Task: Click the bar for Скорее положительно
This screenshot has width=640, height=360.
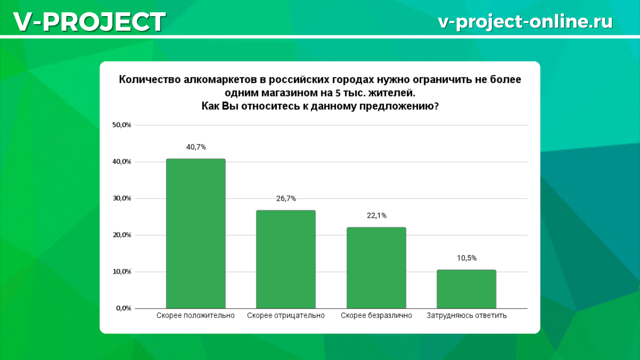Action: (196, 234)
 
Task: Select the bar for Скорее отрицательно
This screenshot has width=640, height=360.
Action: (286, 259)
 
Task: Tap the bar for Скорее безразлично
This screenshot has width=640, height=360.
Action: (376, 268)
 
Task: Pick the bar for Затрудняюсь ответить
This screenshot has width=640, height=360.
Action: (466, 289)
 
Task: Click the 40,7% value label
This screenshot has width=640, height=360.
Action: (196, 147)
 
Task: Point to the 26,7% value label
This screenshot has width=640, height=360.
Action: (286, 198)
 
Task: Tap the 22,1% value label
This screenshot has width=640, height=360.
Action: (376, 215)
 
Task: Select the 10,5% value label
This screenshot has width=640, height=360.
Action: (466, 258)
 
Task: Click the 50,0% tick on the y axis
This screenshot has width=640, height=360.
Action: (121, 125)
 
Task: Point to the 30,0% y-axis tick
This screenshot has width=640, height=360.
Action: (121, 198)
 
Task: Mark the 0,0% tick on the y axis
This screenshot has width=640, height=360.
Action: (123, 308)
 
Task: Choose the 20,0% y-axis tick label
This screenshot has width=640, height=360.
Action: (121, 235)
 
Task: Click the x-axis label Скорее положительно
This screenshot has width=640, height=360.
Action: (196, 316)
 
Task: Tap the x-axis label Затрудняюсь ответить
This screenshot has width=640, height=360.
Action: (467, 316)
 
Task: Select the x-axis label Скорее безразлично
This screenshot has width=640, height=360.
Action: (377, 316)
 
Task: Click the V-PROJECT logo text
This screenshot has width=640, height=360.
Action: (89, 22)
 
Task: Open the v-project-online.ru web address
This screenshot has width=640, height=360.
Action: (525, 21)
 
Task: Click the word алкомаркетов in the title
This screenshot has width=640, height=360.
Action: (214, 80)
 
